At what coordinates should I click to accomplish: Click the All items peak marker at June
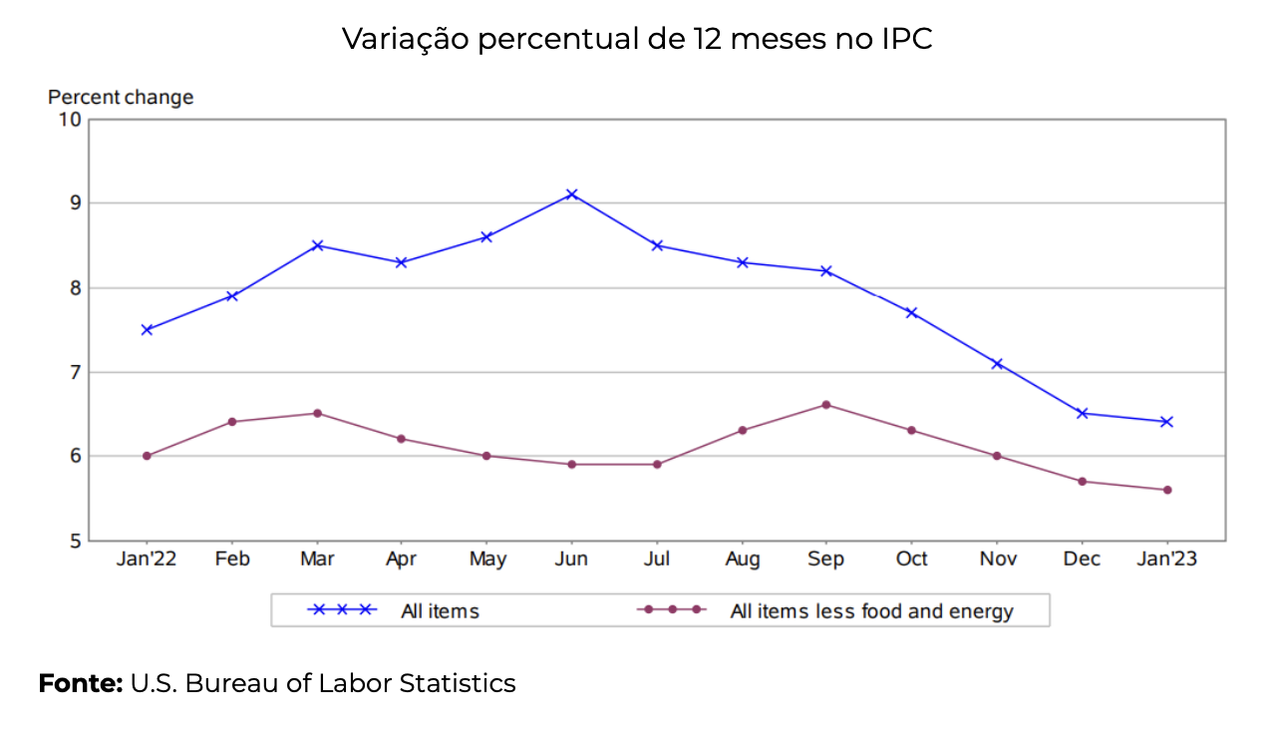[571, 194]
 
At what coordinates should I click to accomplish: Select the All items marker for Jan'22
[147, 329]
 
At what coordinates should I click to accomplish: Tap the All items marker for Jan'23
[1166, 422]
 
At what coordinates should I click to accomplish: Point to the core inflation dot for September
[826, 405]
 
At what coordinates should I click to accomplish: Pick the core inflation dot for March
[317, 413]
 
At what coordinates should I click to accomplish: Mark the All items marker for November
[997, 363]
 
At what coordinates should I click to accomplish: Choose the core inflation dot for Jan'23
[1166, 490]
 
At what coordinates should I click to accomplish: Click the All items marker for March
[317, 245]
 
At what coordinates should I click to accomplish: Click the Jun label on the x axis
[571, 559]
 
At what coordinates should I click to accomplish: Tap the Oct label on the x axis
[911, 559]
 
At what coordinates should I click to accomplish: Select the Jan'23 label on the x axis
[1165, 559]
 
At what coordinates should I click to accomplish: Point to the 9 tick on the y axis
[74, 203]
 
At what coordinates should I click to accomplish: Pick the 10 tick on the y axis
[70, 120]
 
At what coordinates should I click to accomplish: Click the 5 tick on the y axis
[74, 542]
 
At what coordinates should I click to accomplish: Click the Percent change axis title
[121, 98]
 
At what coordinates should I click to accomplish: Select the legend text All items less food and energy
[871, 611]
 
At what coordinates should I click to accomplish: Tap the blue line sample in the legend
[342, 609]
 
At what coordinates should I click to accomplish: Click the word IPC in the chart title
[904, 39]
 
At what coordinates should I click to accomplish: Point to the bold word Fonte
[80, 683]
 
